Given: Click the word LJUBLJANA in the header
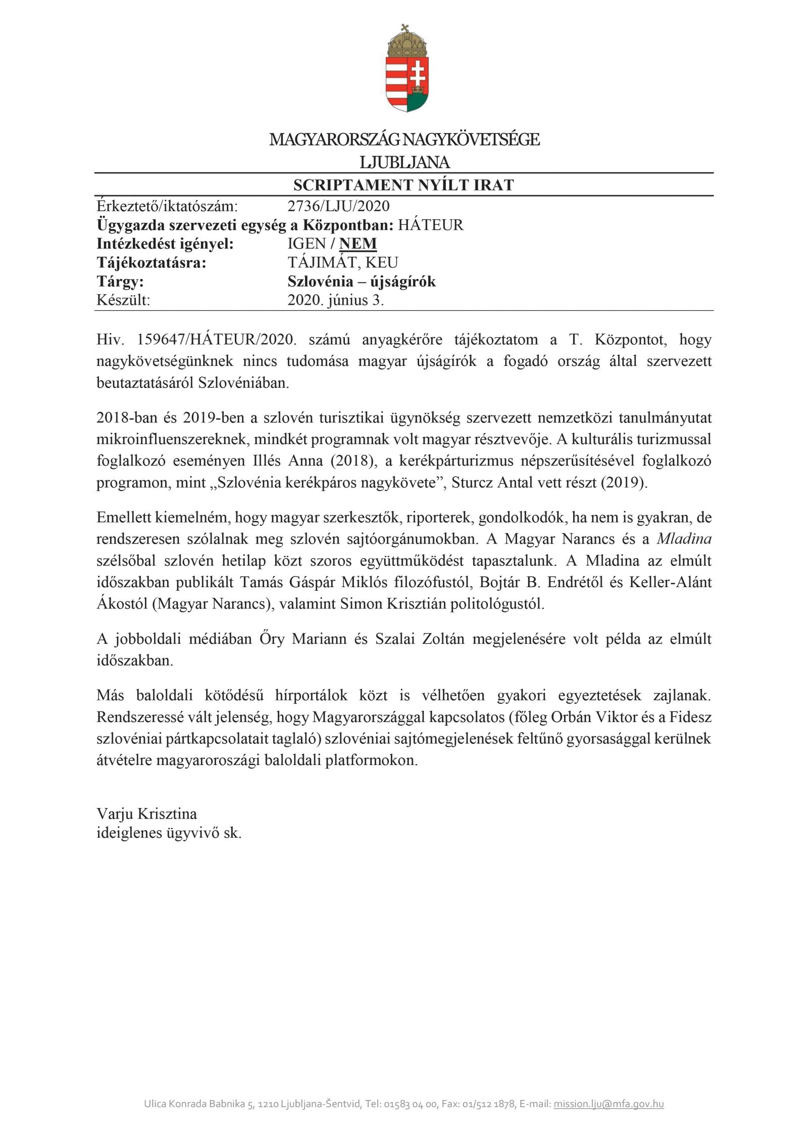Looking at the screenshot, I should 405,162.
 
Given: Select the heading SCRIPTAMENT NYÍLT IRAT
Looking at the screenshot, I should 403,185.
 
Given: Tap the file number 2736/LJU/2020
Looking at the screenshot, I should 338,206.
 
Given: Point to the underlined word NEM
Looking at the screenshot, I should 358,244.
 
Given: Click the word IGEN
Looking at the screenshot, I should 307,244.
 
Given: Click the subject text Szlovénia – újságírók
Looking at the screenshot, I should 362,281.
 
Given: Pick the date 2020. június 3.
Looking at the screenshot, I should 336,301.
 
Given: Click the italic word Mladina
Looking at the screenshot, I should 684,539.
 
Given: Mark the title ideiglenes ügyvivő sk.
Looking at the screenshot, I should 169,833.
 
